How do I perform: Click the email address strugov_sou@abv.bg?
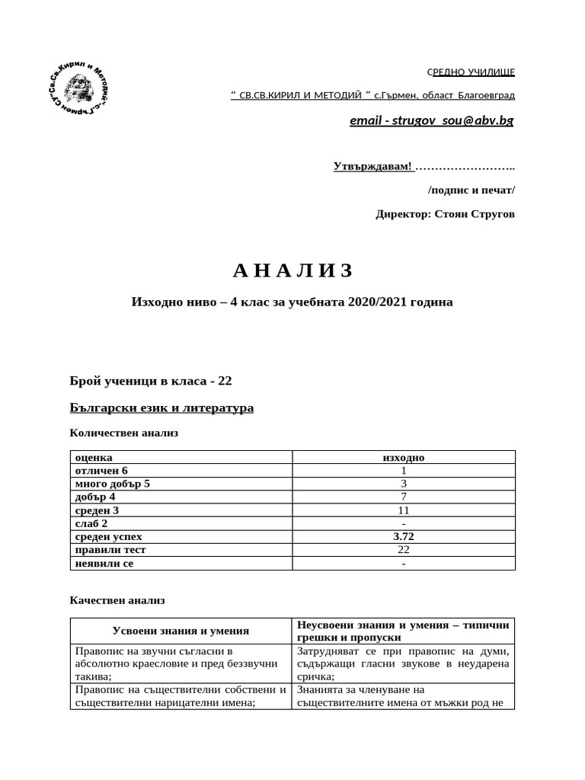click(x=431, y=121)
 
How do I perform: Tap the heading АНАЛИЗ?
click(x=292, y=270)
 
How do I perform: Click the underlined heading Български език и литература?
click(x=161, y=408)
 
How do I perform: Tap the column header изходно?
click(x=403, y=457)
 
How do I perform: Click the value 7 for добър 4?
click(x=403, y=497)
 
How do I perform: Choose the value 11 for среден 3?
click(x=403, y=510)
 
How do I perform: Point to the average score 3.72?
click(x=403, y=536)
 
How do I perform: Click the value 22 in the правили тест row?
click(x=403, y=549)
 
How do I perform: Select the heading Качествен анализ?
click(x=117, y=600)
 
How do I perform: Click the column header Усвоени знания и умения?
click(x=181, y=631)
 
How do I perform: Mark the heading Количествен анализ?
click(x=123, y=433)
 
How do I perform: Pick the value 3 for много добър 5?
click(x=403, y=484)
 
